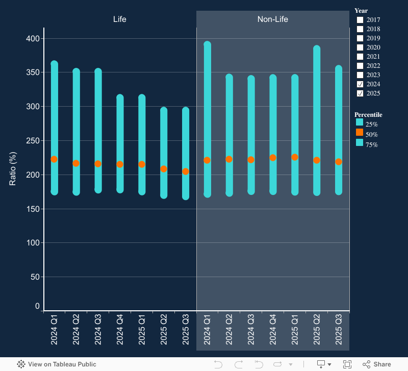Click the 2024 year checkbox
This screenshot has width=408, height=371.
click(x=360, y=84)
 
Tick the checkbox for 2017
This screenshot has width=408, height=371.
click(x=360, y=20)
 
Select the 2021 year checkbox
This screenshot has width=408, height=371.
click(x=360, y=57)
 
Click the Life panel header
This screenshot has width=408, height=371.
click(x=120, y=19)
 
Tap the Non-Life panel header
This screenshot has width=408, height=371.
click(x=273, y=19)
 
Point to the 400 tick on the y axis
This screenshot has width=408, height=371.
click(x=33, y=38)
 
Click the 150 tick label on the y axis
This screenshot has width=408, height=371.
click(x=33, y=209)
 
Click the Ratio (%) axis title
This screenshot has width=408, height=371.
click(x=13, y=168)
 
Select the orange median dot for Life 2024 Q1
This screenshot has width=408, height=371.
click(x=54, y=159)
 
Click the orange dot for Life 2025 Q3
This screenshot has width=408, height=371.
click(x=186, y=171)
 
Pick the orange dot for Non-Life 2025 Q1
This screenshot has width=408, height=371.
click(x=295, y=157)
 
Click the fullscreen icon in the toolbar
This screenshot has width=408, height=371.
click(x=347, y=364)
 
